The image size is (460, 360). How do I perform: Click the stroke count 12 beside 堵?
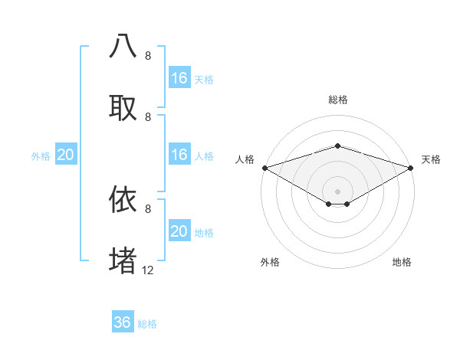coord(148,270)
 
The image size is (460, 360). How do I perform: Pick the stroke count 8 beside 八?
coord(148,56)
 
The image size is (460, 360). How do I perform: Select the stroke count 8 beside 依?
coord(148,208)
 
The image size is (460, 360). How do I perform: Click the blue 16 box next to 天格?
coord(179,78)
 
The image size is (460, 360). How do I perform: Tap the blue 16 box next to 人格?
coord(179,155)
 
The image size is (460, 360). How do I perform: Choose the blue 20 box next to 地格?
coord(179,231)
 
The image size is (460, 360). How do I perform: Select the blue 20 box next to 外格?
coord(66,155)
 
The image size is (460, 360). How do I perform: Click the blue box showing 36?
coord(123,322)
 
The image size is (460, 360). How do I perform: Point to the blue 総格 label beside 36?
coord(148,324)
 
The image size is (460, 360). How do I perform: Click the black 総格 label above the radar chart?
coord(337,100)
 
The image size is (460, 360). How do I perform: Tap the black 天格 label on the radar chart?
coord(431,159)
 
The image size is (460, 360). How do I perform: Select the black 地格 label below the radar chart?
coord(402,262)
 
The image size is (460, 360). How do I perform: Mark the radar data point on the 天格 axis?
coord(411,168)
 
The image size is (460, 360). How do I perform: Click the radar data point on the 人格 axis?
coord(264,168)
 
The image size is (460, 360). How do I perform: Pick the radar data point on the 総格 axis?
coord(337,146)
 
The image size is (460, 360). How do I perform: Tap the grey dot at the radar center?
coord(337,191)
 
